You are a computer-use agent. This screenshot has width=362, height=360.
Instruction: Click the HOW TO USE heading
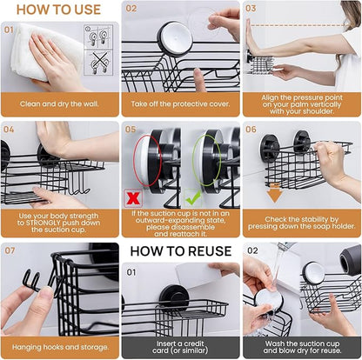click(x=58, y=10)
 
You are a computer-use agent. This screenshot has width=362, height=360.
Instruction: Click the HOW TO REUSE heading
click(x=181, y=251)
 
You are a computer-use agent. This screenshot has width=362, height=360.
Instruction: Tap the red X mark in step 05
click(x=133, y=198)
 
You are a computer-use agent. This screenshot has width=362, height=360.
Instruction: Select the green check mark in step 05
click(x=193, y=197)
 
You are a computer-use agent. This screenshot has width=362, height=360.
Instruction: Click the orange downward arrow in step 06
click(x=274, y=193)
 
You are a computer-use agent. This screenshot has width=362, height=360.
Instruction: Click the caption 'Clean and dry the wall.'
click(x=59, y=103)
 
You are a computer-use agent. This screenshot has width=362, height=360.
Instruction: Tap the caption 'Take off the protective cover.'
click(x=180, y=103)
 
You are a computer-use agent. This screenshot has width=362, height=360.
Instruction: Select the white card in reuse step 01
click(x=198, y=276)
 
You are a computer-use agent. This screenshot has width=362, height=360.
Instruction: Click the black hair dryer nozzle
click(x=350, y=259)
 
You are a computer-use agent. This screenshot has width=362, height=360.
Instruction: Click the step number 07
click(x=10, y=250)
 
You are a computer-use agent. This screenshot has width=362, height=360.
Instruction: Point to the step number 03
click(x=251, y=8)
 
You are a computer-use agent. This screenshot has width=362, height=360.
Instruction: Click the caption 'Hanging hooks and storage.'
click(x=60, y=347)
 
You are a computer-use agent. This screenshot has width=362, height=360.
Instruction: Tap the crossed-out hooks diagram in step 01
click(x=98, y=63)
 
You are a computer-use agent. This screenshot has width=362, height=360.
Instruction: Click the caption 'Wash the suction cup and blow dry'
click(x=302, y=347)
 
